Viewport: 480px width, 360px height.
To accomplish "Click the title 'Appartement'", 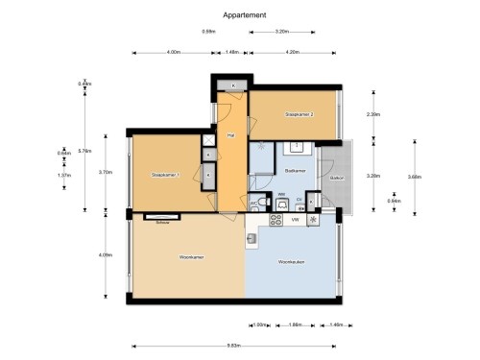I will click(245, 14).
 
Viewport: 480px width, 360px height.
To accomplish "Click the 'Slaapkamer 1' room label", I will click(167, 176).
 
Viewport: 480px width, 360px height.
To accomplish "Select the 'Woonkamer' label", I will click(192, 257).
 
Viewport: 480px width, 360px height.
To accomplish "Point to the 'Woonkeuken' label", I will click(292, 262).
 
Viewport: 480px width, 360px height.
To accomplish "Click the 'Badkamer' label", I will click(295, 170).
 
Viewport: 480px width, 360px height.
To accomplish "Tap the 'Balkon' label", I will click(337, 179).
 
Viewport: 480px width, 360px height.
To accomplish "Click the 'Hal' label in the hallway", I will click(230, 135).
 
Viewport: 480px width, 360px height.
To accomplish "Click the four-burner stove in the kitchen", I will click(276, 220).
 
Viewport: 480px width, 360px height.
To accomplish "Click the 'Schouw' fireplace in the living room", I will click(163, 219).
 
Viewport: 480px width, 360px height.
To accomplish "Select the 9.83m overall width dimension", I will click(232, 345).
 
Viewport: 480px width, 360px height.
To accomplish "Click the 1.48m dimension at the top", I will click(231, 51).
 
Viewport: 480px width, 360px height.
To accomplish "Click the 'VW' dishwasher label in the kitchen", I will click(295, 220).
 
